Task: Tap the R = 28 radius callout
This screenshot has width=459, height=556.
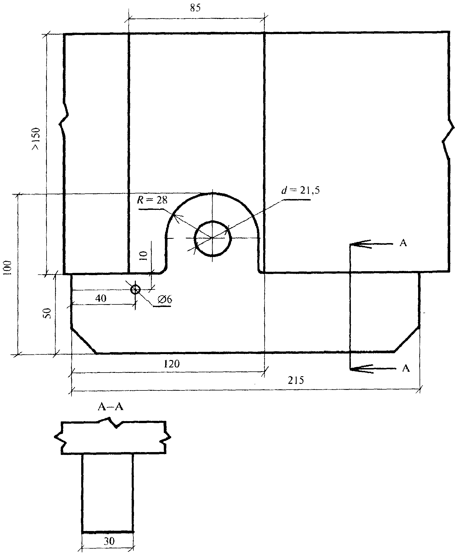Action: [x=152, y=200]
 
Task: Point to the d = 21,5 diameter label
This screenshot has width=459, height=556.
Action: [x=300, y=190]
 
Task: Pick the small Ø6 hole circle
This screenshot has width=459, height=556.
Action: [x=135, y=290]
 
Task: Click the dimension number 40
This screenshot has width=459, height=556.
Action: [x=101, y=298]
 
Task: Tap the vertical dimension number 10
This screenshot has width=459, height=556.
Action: [x=144, y=256]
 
